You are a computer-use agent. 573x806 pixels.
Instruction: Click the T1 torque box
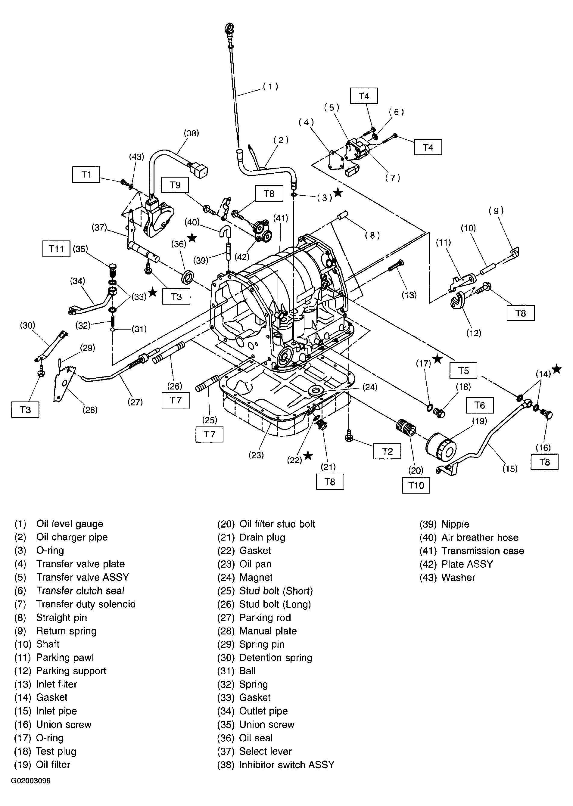tap(86, 175)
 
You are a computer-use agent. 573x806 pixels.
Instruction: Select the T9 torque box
tap(175, 185)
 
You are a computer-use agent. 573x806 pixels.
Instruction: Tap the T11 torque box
tap(56, 249)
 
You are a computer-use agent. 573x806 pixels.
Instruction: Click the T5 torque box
tap(463, 370)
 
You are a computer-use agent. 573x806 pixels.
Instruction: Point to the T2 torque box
tap(387, 451)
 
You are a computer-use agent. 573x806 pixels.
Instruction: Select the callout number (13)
tap(409, 295)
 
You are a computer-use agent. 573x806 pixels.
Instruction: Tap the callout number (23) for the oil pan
tap(256, 455)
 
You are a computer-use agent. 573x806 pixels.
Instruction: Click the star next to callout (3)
tap(338, 193)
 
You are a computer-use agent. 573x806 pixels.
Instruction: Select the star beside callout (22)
tap(308, 456)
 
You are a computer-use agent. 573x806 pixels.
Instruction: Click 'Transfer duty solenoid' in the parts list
tap(86, 604)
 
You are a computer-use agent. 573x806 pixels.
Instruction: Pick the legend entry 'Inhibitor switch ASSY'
tap(287, 764)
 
